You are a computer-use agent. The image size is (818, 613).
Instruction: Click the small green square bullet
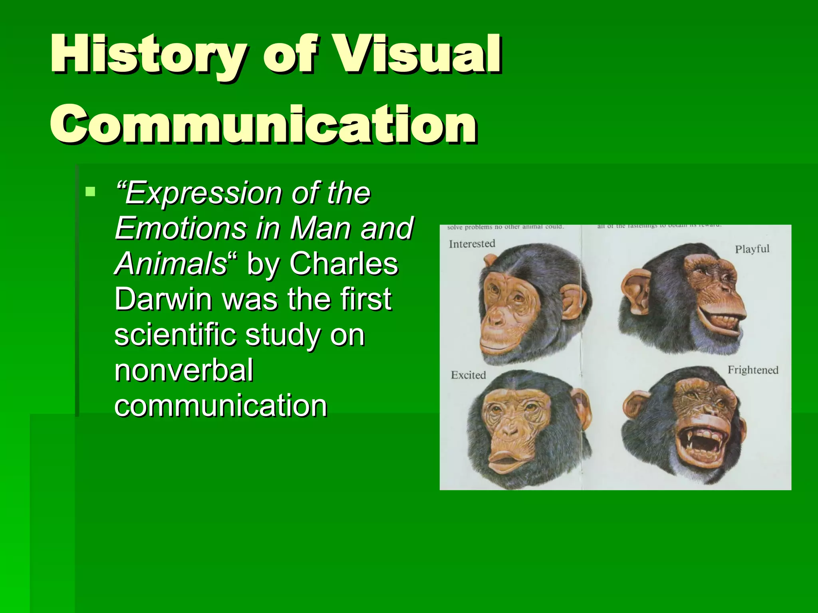[x=91, y=192]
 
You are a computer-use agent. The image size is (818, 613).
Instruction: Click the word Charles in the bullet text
[x=343, y=264]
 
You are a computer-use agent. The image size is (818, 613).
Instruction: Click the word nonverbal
[x=184, y=370]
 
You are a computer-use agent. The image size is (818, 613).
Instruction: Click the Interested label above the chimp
[x=472, y=243]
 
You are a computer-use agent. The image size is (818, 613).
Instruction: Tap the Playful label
[x=752, y=249]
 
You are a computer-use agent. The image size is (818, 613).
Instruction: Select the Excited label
[x=468, y=375]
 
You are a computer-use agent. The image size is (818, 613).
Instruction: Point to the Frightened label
[x=753, y=370]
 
